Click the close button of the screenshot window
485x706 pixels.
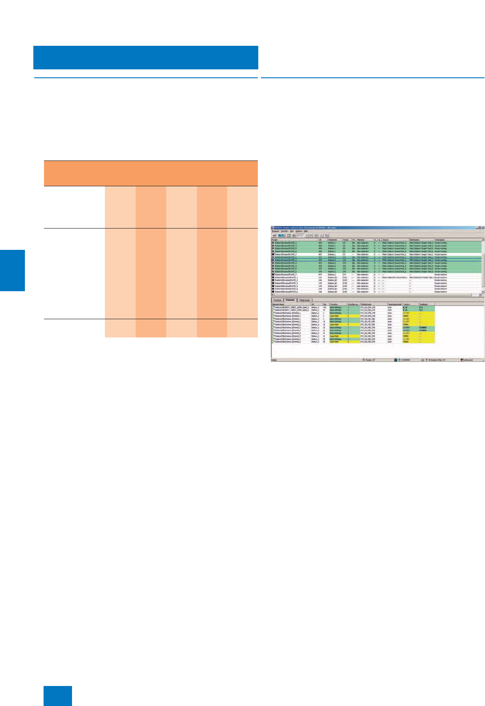click(483, 228)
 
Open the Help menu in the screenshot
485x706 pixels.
click(306, 231)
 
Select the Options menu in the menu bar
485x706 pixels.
click(299, 231)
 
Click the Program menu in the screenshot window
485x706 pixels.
click(276, 231)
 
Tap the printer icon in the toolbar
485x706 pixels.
click(294, 235)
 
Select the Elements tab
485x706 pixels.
click(290, 300)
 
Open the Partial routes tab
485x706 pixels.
click(305, 300)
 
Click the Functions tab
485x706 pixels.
click(277, 300)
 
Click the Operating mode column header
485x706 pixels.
click(394, 304)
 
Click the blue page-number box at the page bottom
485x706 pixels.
click(58, 696)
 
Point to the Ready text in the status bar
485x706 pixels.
click(274, 360)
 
